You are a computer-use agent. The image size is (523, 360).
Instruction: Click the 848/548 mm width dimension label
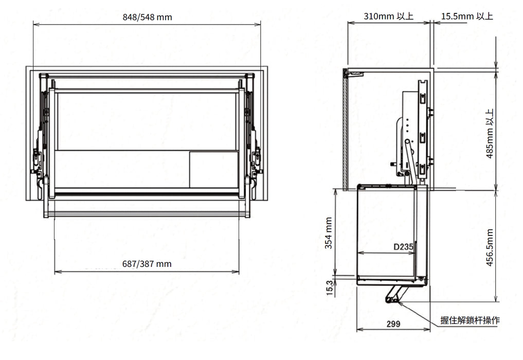coord(147,17)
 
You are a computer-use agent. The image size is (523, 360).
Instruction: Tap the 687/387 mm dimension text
coord(147,264)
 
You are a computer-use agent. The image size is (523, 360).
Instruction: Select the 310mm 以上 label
coord(388,16)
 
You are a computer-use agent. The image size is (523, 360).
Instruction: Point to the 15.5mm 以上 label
coord(467,16)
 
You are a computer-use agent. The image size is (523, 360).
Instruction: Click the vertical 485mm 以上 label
coord(489,133)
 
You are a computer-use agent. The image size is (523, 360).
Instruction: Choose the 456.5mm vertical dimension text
coord(489,247)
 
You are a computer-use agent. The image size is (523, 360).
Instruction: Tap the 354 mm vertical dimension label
coord(329,233)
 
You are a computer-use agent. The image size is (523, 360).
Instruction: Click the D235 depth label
coord(403,247)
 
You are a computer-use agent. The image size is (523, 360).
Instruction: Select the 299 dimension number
coord(393,323)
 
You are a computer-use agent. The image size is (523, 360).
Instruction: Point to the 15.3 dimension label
coord(330,287)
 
